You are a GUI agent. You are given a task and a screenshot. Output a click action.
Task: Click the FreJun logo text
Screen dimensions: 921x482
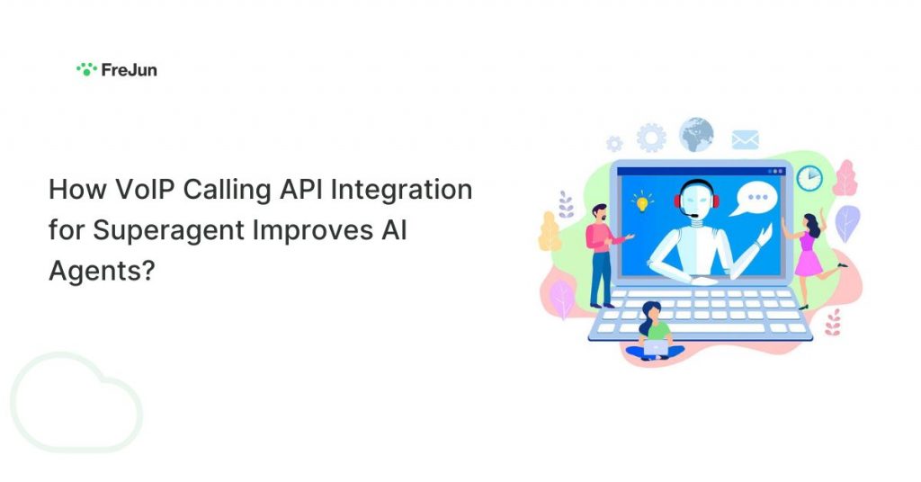click(129, 70)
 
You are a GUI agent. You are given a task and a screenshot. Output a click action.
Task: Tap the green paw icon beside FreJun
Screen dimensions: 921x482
click(86, 69)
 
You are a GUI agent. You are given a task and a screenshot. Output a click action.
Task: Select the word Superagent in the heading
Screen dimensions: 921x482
click(169, 231)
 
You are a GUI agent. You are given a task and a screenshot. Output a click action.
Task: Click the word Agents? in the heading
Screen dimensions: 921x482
click(102, 272)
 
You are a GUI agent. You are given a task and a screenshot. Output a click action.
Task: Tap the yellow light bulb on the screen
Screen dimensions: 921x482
click(642, 201)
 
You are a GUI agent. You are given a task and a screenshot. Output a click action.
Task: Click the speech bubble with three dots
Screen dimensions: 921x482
click(756, 200)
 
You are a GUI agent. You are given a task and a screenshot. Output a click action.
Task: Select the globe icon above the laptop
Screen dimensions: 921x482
click(696, 135)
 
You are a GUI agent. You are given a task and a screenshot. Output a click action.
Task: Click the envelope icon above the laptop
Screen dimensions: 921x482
click(746, 139)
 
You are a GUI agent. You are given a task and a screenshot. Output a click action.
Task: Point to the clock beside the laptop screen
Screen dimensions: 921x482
click(809, 178)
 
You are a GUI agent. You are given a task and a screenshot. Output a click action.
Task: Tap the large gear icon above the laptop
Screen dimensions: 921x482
click(651, 138)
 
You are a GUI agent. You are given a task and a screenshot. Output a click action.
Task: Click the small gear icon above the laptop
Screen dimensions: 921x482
click(614, 144)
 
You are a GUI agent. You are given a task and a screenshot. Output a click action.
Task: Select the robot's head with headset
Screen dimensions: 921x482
click(696, 199)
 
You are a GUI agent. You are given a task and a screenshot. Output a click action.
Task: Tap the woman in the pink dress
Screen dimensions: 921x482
click(812, 257)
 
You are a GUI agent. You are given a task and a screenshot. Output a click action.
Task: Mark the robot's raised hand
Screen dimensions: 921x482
click(765, 233)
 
